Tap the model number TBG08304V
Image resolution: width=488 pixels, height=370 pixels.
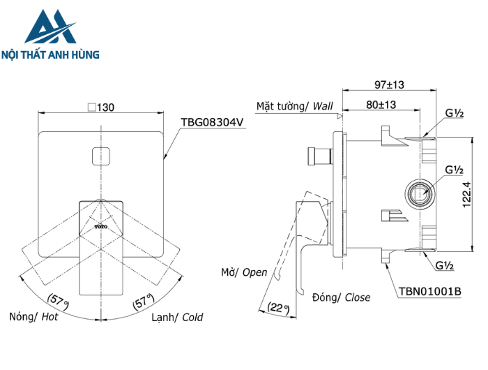click(x=212, y=121)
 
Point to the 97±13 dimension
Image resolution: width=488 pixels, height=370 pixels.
click(x=390, y=84)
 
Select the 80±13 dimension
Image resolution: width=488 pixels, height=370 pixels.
click(x=381, y=104)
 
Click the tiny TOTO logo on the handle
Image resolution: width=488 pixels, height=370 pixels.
click(x=102, y=227)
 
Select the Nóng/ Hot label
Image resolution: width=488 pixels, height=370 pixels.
click(x=33, y=317)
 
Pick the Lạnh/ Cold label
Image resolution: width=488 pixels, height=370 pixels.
click(x=177, y=317)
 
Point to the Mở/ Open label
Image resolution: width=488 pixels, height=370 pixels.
click(x=244, y=272)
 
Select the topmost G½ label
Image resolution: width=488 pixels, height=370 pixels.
click(x=455, y=112)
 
